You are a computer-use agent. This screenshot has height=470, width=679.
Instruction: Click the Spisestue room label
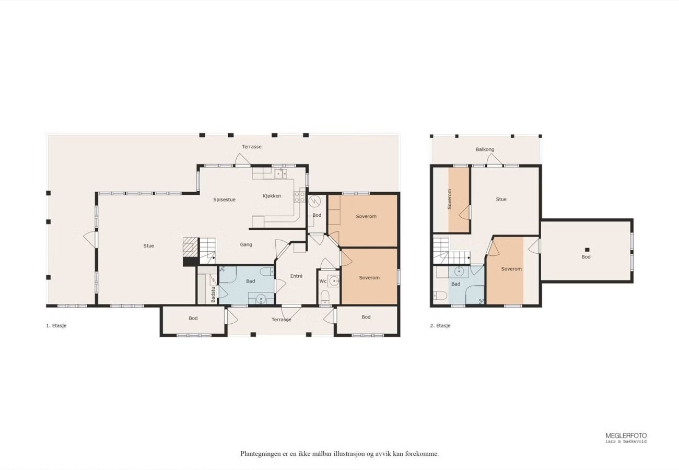pyautogui.click(x=224, y=199)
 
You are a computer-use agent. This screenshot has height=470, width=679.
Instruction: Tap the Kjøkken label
pyautogui.click(x=272, y=196)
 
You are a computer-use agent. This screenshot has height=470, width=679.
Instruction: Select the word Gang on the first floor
pyautogui.click(x=246, y=244)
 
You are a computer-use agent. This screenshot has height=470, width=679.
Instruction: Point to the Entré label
pyautogui.click(x=296, y=276)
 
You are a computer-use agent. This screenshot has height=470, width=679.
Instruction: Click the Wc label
pyautogui.click(x=323, y=281)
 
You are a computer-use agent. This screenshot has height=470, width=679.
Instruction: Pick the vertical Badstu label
pyautogui.click(x=213, y=294)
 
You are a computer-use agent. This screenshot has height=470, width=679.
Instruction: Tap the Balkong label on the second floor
pyautogui.click(x=485, y=149)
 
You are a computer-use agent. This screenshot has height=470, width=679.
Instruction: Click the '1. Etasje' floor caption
pyautogui.click(x=56, y=325)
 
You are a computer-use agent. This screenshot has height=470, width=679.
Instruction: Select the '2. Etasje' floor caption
pyautogui.click(x=440, y=325)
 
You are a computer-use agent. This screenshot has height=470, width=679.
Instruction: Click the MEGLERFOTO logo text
pyautogui.click(x=626, y=436)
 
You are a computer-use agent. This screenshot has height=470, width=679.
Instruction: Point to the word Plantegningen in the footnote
pyautogui.click(x=261, y=454)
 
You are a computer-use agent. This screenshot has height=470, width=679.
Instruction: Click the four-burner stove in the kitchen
pyautogui.click(x=299, y=197)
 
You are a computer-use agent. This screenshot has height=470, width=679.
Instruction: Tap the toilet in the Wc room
pyautogui.click(x=325, y=298)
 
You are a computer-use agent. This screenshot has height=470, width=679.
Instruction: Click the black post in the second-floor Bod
pyautogui.click(x=587, y=250)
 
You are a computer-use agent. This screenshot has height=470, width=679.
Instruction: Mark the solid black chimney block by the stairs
pyautogui.click(x=190, y=261)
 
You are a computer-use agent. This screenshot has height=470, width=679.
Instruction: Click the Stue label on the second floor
pyautogui.click(x=501, y=199)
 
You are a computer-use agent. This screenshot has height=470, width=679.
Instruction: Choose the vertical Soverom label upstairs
pyautogui.click(x=449, y=199)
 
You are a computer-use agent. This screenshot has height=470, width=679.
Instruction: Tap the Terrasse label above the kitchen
pyautogui.click(x=251, y=147)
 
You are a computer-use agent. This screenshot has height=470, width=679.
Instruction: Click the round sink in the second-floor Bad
pyautogui.click(x=459, y=271)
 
